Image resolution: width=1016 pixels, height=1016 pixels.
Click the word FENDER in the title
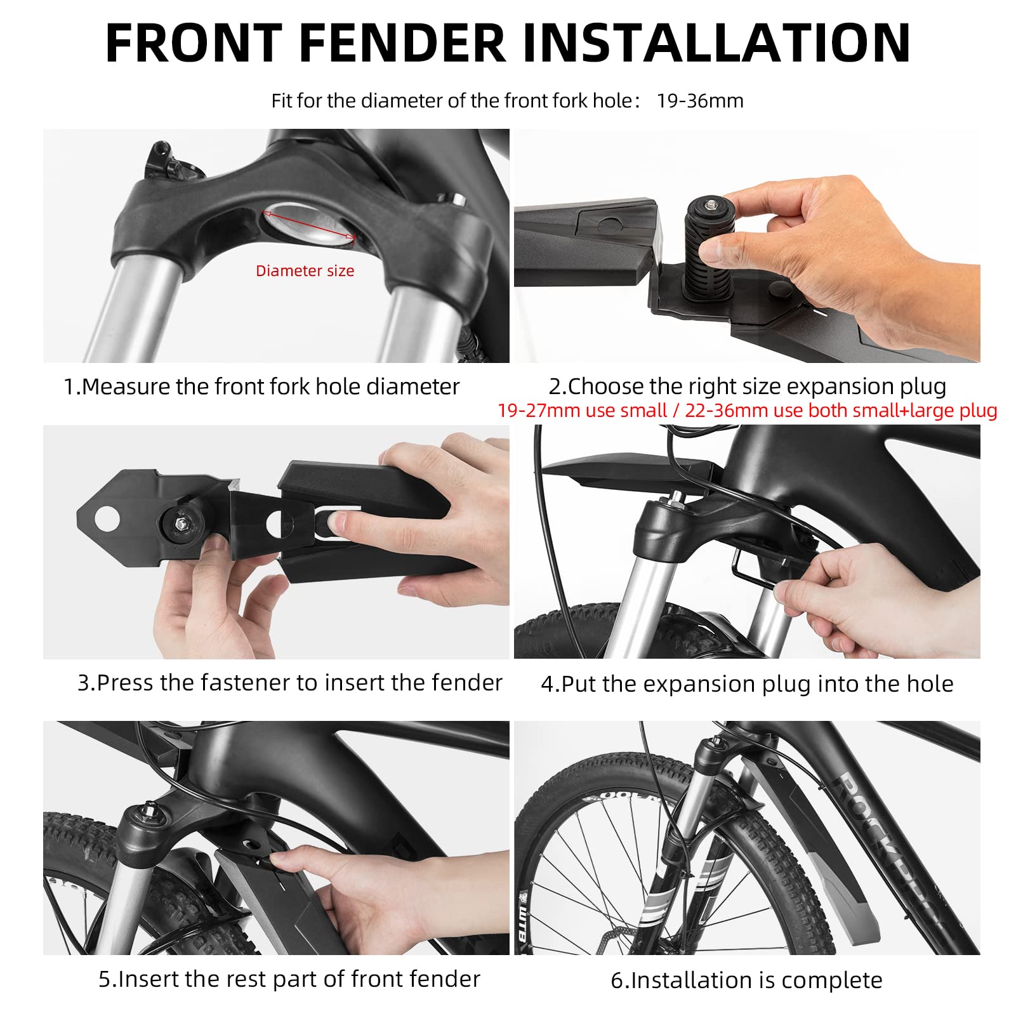[x=402, y=43]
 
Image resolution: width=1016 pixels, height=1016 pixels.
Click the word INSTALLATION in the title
[x=716, y=43]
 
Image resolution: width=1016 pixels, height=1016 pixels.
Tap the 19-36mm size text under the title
[x=699, y=101]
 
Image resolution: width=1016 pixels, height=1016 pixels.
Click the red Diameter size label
[x=305, y=271]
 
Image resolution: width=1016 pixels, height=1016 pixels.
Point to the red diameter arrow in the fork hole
[x=309, y=225]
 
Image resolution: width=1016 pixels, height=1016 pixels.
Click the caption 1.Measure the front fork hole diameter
[x=261, y=386]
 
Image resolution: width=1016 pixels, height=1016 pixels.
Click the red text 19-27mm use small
[x=581, y=411]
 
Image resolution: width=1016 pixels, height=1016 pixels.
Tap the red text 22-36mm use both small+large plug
[x=841, y=411]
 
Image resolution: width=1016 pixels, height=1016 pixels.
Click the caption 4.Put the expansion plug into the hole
[x=747, y=684]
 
